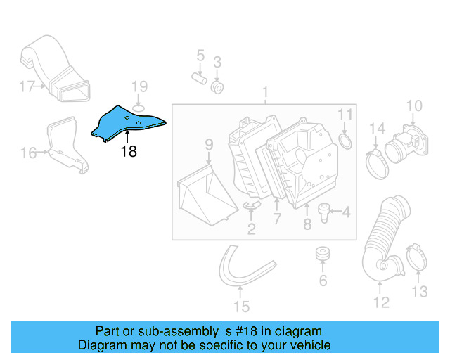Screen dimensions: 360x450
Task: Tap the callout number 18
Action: [128, 150]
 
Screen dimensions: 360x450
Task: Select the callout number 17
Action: [27, 87]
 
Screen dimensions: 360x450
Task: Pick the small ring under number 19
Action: [139, 108]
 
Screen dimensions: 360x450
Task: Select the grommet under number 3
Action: [218, 88]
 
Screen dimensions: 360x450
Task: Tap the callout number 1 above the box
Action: [265, 92]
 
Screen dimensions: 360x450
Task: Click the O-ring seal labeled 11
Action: [346, 143]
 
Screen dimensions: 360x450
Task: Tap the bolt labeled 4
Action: [324, 210]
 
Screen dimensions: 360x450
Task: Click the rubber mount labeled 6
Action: [323, 254]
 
